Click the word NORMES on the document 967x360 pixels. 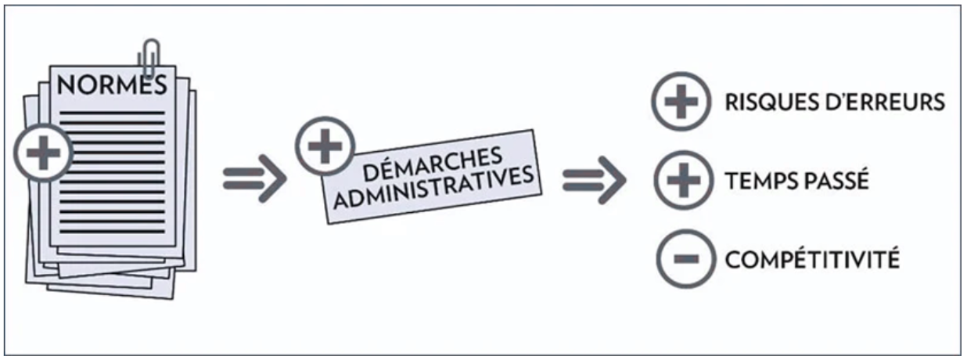[113, 85]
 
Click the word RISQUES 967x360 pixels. [770, 103]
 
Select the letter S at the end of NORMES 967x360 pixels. [158, 85]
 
